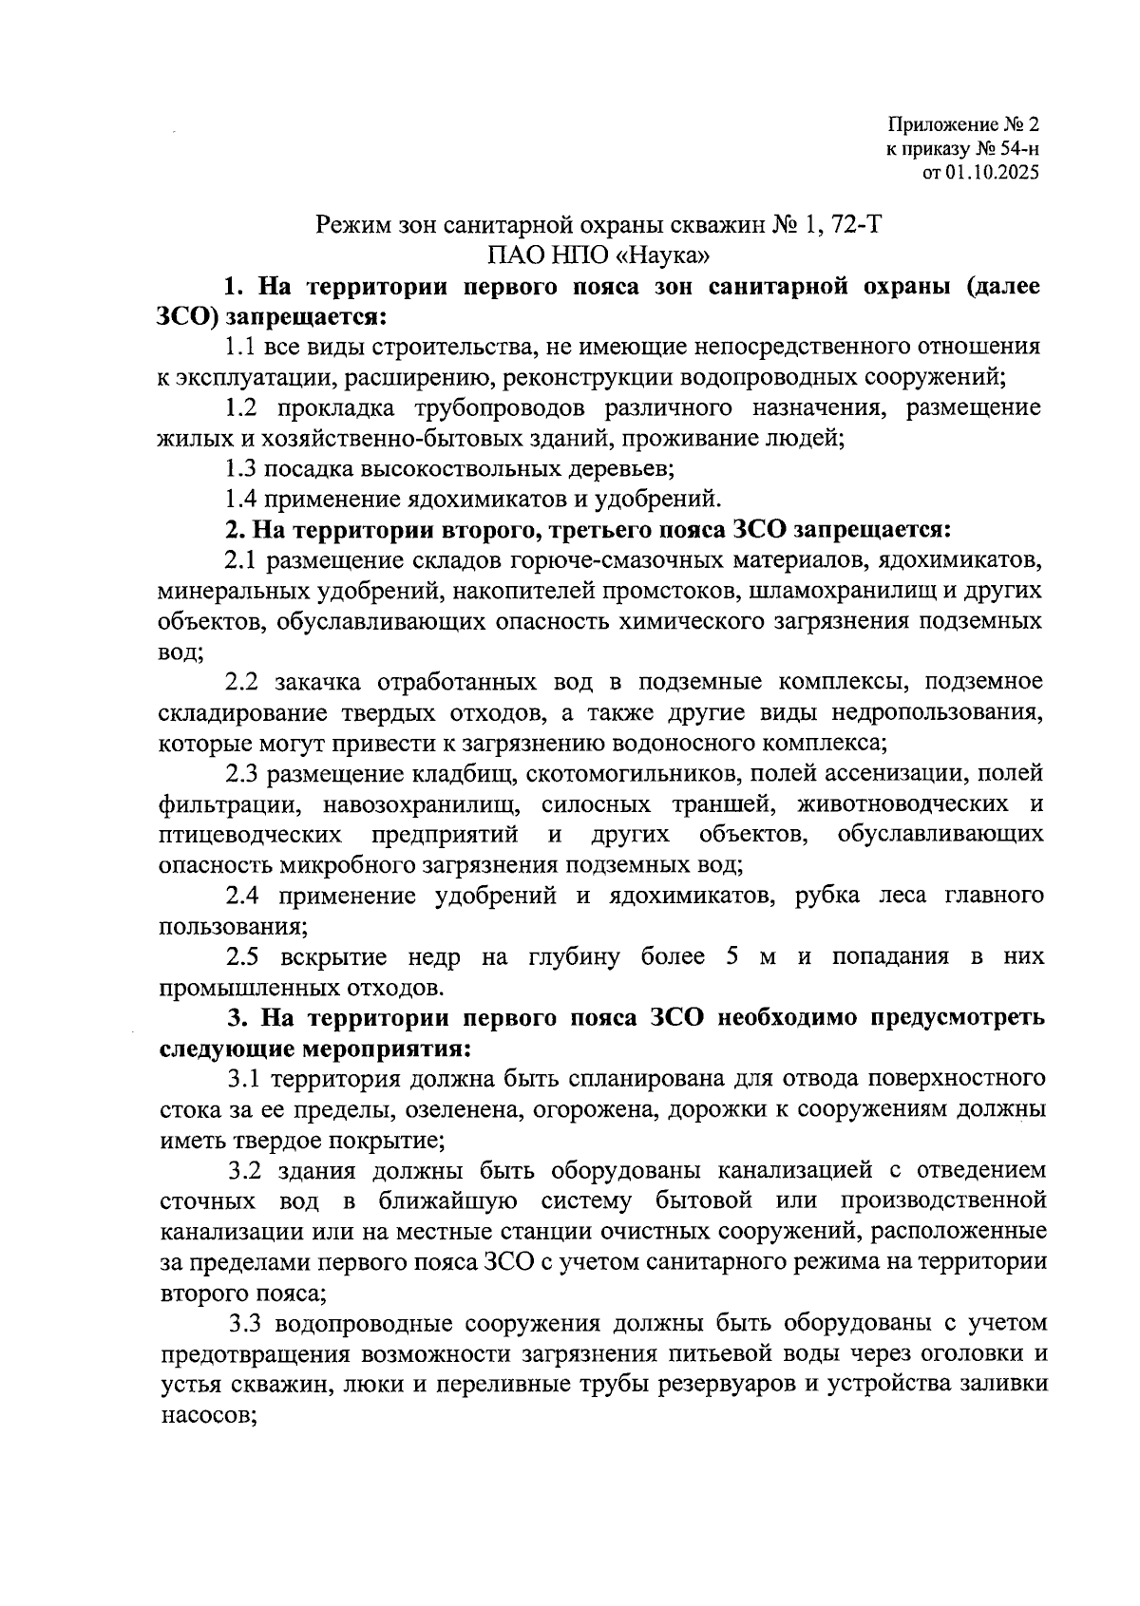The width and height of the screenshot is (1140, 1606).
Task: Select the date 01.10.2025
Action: (993, 173)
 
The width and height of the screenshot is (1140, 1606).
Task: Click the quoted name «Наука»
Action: (667, 255)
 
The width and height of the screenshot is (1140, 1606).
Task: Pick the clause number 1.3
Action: (241, 468)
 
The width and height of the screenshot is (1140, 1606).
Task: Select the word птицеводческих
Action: (250, 835)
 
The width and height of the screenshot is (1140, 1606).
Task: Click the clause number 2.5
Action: (244, 956)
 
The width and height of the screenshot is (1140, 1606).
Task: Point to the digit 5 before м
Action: (732, 956)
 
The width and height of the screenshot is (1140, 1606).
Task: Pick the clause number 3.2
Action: (244, 1170)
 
